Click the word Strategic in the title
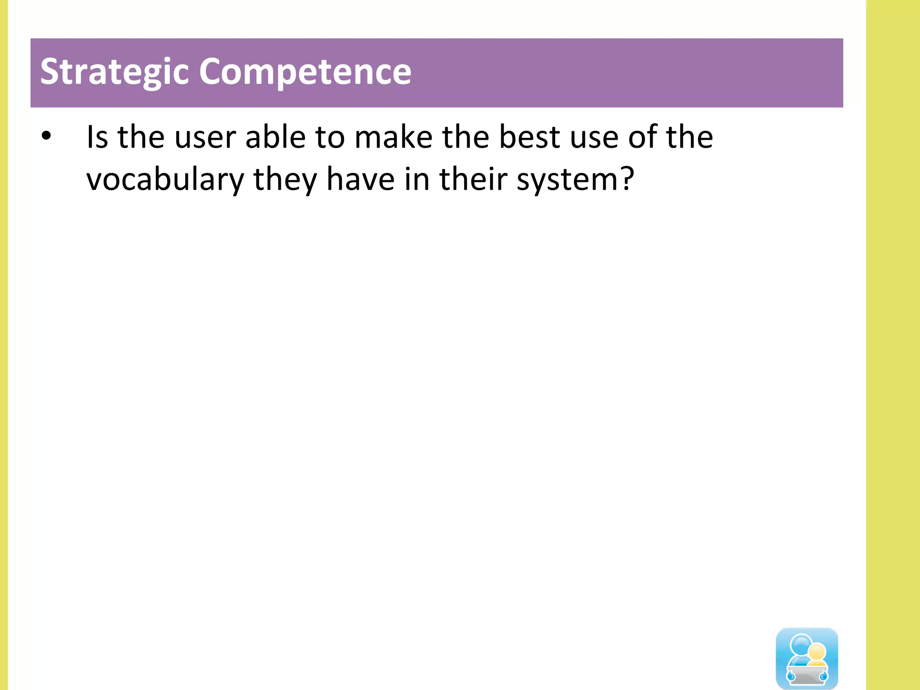pyautogui.click(x=115, y=72)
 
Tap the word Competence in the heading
pyautogui.click(x=305, y=72)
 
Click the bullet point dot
pyautogui.click(x=46, y=136)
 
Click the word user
pyautogui.click(x=205, y=138)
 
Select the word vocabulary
pyautogui.click(x=165, y=180)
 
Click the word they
pyautogui.click(x=285, y=180)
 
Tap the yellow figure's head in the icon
pyautogui.click(x=816, y=652)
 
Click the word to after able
pyautogui.click(x=330, y=138)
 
